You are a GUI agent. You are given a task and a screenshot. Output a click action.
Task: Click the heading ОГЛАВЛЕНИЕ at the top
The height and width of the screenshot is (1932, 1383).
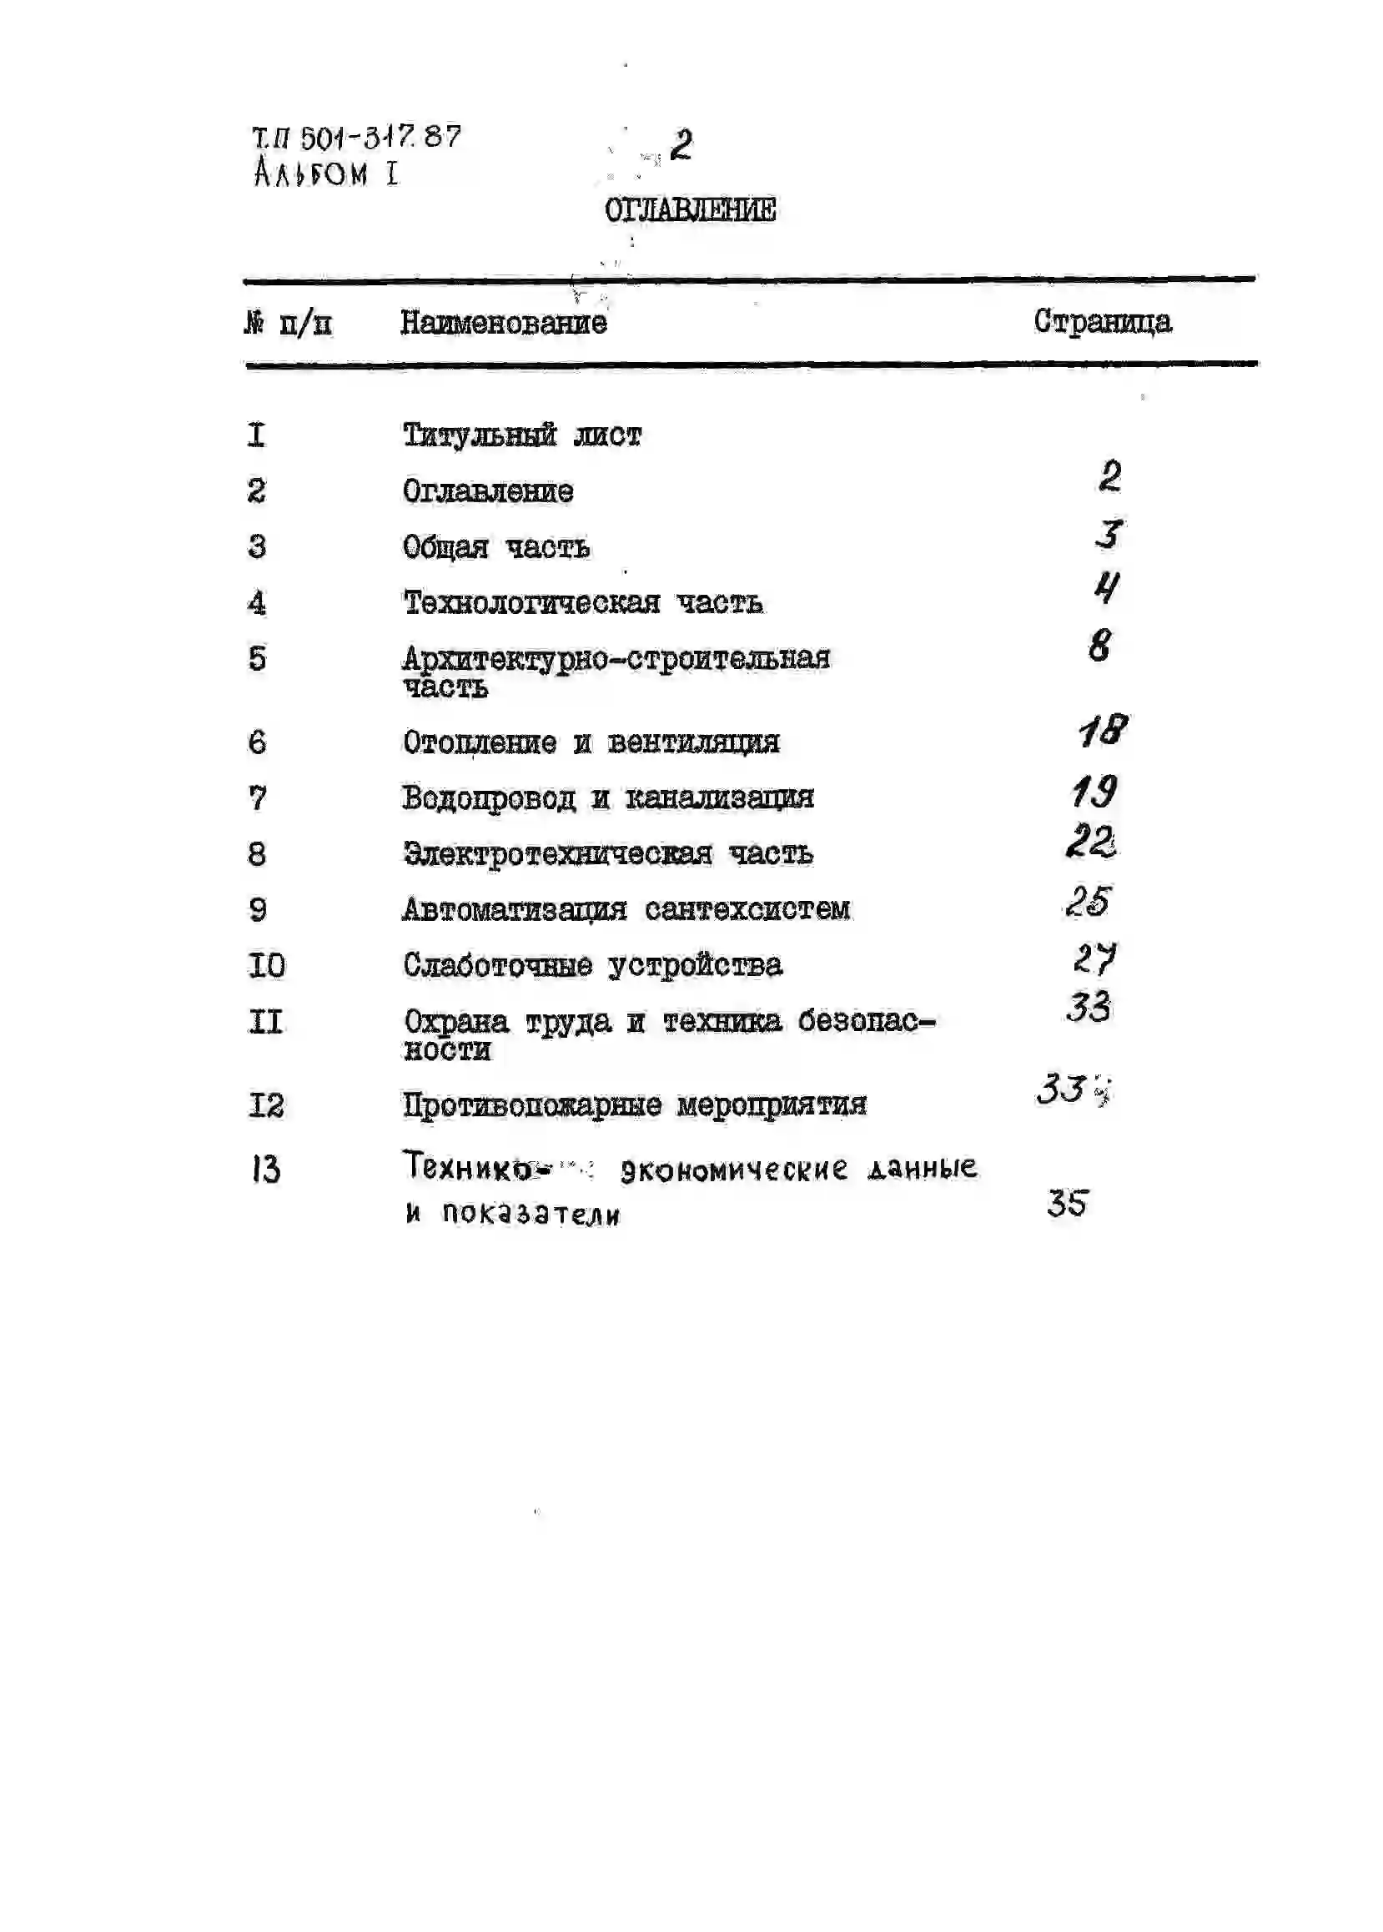(690, 209)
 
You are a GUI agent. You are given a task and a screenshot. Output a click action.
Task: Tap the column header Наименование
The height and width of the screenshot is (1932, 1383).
(503, 323)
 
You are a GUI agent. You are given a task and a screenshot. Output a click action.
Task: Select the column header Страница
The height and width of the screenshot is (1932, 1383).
(1102, 322)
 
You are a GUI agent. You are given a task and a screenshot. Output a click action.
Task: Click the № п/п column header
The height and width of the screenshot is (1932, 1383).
(288, 324)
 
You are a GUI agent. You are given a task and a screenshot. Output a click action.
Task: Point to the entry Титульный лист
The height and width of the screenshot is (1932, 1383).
(521, 435)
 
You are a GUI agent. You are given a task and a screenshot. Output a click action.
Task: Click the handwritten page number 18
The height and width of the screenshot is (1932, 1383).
(1103, 731)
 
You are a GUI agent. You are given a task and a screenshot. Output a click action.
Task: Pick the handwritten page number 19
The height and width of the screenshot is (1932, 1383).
(1094, 792)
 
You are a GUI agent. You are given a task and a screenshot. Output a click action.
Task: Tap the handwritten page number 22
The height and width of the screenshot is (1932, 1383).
(1091, 842)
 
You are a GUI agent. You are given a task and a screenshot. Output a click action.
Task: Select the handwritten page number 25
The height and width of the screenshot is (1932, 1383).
(1089, 901)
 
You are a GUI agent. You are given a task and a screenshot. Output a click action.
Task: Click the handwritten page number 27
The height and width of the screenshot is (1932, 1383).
(1094, 958)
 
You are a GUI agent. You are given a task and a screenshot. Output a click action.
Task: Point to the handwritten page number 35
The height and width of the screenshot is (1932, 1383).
(1067, 1203)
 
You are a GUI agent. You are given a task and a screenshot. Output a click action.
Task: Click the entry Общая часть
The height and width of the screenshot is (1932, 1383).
(495, 546)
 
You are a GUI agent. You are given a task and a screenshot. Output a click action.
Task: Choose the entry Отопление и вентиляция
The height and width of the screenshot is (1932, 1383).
(591, 742)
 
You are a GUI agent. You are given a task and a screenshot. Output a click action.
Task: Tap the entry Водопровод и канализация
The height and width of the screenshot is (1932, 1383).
(608, 797)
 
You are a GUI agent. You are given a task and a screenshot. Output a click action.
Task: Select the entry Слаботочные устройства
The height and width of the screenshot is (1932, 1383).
(593, 964)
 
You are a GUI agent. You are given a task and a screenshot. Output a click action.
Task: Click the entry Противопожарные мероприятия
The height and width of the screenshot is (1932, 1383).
(635, 1105)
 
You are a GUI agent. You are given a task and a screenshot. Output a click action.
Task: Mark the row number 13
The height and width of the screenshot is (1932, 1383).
(266, 1169)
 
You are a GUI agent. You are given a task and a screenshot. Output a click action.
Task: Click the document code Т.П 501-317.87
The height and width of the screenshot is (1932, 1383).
(356, 137)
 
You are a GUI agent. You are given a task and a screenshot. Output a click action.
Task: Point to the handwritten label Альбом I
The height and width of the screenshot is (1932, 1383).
(325, 174)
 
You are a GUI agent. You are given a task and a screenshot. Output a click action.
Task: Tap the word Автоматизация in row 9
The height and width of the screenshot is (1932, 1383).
(515, 909)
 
